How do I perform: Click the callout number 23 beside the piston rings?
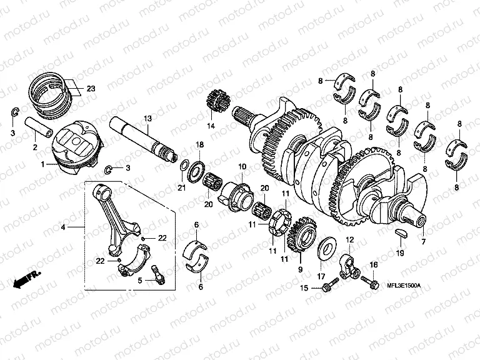point(91,89)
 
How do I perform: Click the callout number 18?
point(200,145)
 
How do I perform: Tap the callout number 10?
point(242,167)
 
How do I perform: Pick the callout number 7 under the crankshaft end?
point(423,241)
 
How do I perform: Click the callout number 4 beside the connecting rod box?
point(62,228)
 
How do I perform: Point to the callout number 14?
point(211,126)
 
